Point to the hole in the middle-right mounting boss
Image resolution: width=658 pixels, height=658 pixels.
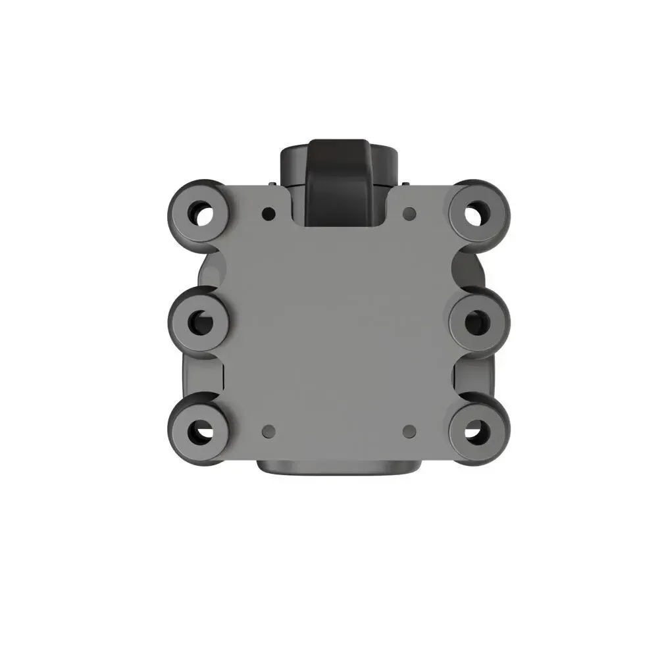[x=476, y=322]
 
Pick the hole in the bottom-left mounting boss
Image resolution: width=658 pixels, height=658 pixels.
[x=200, y=431]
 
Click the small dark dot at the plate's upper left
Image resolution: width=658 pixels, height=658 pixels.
[x=268, y=214]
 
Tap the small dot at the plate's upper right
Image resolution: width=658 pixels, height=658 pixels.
[x=409, y=213]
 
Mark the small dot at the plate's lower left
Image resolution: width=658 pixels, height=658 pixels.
[x=268, y=431]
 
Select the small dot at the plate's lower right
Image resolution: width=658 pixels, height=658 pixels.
[x=409, y=431]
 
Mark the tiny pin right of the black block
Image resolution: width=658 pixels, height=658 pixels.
[x=405, y=184]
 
